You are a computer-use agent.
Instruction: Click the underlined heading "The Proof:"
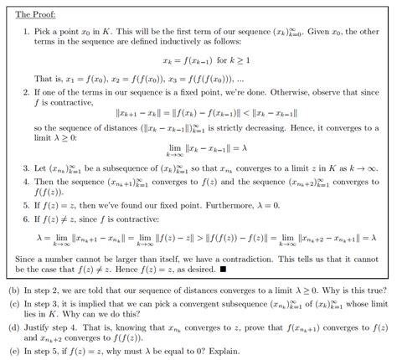[34, 14]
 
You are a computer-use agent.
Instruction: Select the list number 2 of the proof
[26, 91]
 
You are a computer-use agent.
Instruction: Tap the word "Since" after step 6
[27, 260]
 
